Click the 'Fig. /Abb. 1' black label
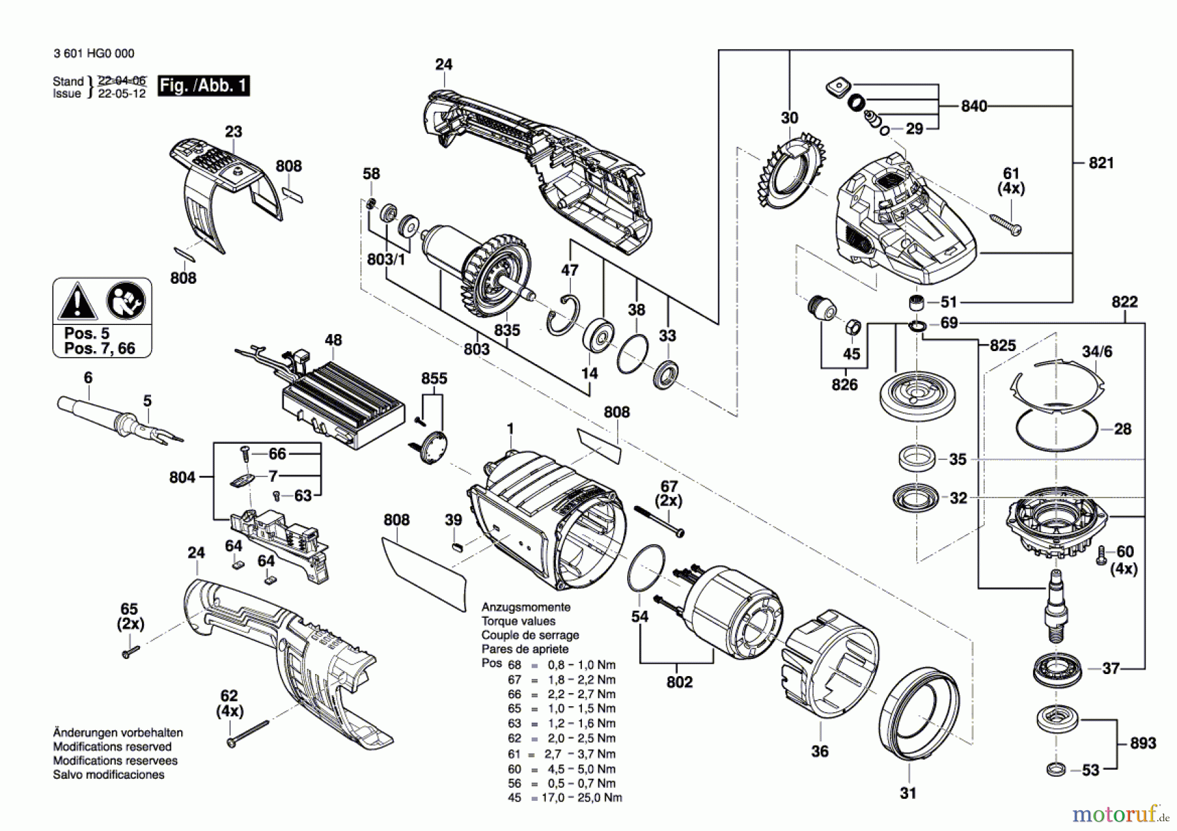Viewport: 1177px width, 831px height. tap(203, 86)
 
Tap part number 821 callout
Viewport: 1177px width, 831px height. tap(1101, 163)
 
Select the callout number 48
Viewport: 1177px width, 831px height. tap(333, 340)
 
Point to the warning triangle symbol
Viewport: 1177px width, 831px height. tap(77, 302)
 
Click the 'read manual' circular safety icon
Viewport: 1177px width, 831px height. tap(126, 301)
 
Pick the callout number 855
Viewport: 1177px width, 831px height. tap(434, 379)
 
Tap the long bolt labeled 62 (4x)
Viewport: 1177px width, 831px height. tap(248, 732)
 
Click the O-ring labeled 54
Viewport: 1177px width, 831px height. tap(646, 567)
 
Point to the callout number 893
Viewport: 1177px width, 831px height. tap(1143, 743)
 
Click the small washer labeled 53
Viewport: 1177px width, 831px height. tap(1055, 770)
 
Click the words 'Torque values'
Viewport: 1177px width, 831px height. tap(519, 621)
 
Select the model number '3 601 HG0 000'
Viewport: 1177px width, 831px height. tap(94, 54)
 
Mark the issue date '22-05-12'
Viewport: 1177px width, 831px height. tap(122, 93)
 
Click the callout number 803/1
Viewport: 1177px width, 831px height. tap(386, 260)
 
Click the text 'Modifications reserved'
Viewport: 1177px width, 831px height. tap(112, 747)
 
